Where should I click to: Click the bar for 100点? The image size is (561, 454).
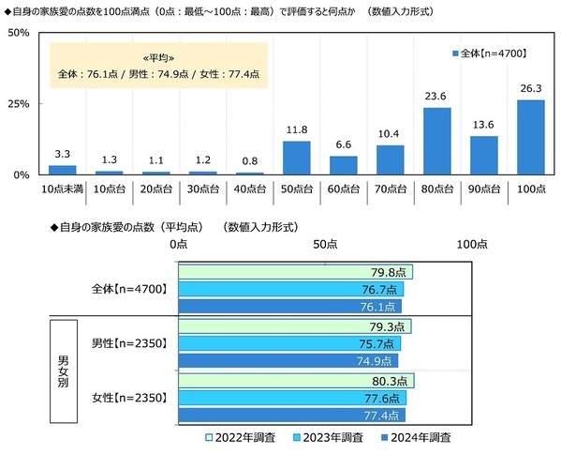tap(530, 137)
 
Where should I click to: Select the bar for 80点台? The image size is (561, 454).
tap(436, 142)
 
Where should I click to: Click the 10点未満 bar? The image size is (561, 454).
tap(62, 170)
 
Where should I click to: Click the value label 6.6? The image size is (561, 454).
tap(343, 146)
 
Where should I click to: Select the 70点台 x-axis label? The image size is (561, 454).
tap(390, 189)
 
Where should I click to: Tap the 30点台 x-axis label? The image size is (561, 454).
tap(202, 189)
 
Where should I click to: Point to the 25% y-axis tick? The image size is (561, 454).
tap(19, 103)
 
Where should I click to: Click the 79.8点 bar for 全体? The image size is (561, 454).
tap(294, 272)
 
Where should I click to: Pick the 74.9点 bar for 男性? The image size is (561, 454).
tap(287, 360)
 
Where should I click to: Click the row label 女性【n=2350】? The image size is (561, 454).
tap(130, 398)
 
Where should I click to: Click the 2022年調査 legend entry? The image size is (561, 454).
tap(242, 437)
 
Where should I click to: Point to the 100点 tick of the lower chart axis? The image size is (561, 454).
tap(471, 244)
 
